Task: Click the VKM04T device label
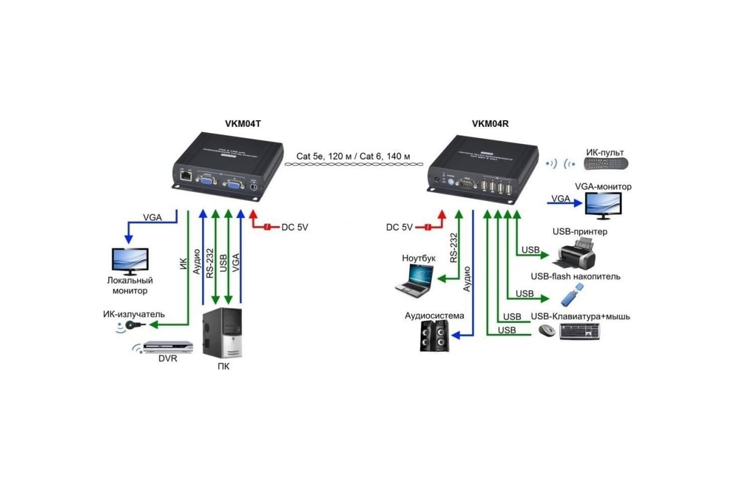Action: pos(244,123)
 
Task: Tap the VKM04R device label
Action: pos(490,123)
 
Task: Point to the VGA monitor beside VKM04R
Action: pos(603,205)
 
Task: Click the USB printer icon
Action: pos(577,254)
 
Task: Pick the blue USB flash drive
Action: pos(570,298)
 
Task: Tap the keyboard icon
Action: pos(579,331)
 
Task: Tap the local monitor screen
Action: pos(129,261)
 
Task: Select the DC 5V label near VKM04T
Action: pos(295,227)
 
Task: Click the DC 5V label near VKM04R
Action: pos(399,227)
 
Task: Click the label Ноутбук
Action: pos(419,258)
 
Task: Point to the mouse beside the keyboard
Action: pos(546,331)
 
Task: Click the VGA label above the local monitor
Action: pos(153,217)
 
